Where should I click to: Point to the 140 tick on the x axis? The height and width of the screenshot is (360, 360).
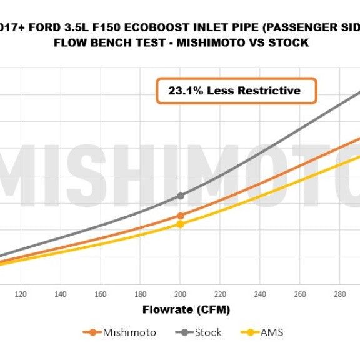point(61,294)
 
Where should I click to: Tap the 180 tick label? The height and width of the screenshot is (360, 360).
point(140,294)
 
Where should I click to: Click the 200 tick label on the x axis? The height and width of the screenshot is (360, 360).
point(180,294)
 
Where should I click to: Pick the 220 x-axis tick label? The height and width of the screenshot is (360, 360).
point(220,294)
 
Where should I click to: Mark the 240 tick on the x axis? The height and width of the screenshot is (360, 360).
point(259,294)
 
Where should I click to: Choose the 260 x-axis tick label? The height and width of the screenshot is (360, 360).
point(299,294)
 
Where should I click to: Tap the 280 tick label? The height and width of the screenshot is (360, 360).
point(339,294)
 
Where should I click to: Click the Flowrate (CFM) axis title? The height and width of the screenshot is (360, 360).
point(177,310)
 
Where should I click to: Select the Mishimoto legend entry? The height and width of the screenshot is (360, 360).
point(128,332)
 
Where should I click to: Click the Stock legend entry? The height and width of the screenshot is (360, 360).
point(207,332)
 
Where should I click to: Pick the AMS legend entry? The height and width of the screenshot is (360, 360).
point(271,332)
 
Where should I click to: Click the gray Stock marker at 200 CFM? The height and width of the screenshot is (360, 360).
point(181,196)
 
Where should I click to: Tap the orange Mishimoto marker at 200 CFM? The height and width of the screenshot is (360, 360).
point(181,216)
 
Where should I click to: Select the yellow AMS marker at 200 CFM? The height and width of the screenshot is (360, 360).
point(181,224)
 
